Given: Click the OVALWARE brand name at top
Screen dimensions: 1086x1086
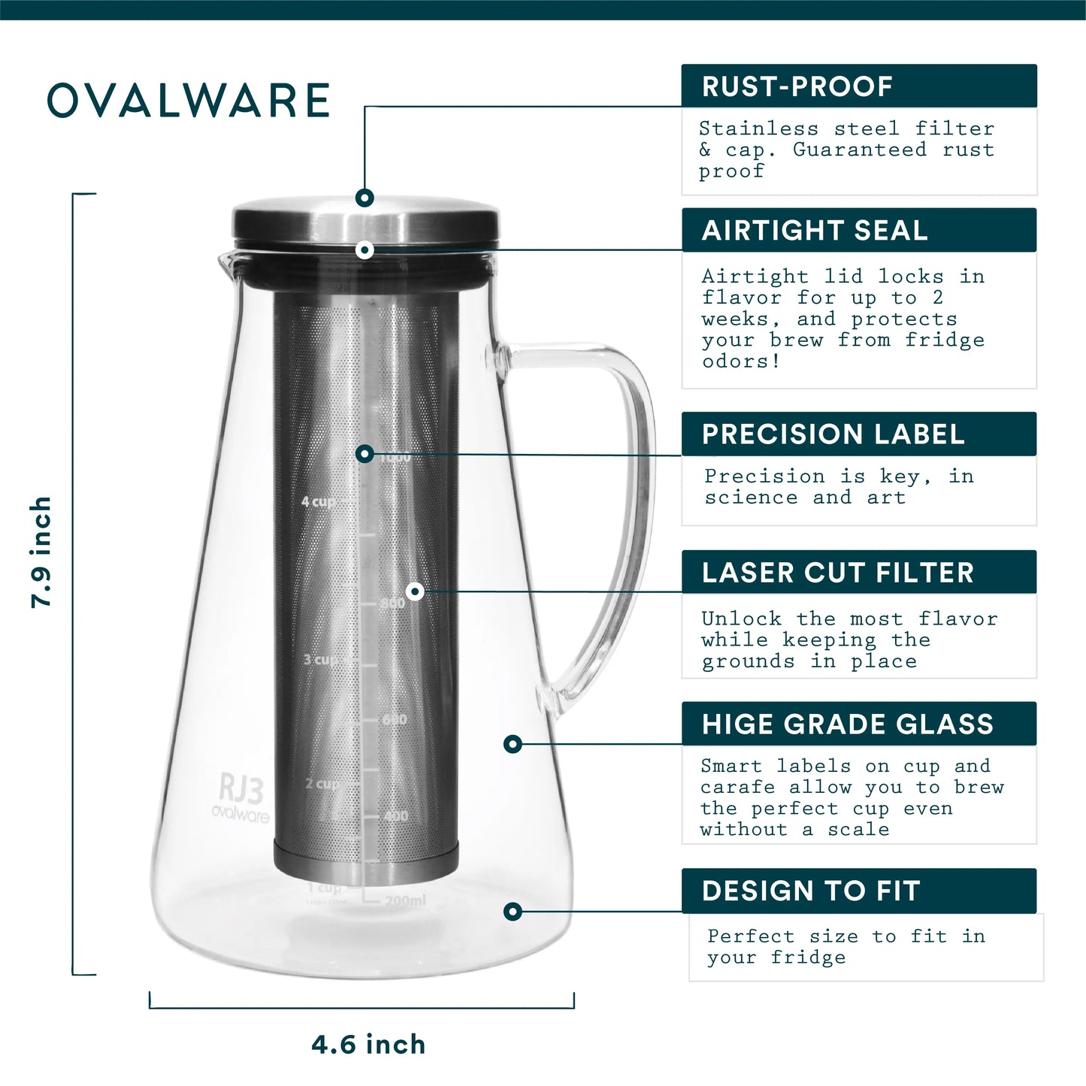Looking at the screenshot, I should (189, 101).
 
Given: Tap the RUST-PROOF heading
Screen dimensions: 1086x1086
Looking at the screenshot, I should (797, 86).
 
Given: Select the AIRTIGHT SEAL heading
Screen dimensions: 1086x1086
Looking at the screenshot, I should (815, 230).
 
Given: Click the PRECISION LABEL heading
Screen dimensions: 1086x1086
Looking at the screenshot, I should (833, 434).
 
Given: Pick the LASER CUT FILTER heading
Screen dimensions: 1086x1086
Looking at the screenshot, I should (837, 573).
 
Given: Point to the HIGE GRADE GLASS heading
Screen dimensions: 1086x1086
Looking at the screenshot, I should (847, 725).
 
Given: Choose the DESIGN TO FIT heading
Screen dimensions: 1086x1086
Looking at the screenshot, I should (811, 891).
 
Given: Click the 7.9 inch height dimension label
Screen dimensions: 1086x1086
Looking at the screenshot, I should (41, 552).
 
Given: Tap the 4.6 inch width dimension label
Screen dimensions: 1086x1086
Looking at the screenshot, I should (368, 1045).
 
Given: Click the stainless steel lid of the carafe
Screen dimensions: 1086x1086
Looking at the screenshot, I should (366, 222).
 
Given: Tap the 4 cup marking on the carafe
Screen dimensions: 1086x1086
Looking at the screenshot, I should (318, 501).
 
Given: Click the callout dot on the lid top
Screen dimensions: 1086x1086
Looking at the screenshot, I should (365, 198).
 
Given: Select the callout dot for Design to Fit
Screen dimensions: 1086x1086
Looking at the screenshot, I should (513, 912).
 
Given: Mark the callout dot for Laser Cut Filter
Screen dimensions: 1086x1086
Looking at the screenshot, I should (415, 591).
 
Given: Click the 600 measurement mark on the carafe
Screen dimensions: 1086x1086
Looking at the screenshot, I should (395, 720).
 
